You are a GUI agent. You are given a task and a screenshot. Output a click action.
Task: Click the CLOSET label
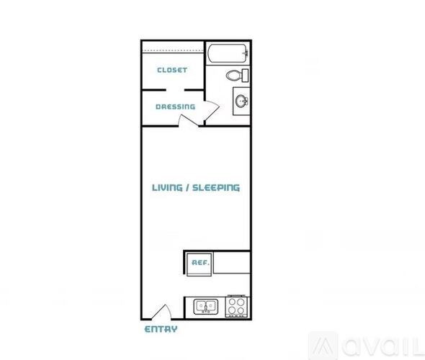[172, 71]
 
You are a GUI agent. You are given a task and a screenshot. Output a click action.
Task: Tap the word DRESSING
[175, 107]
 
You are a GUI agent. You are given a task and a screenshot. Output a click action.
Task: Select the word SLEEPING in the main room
[217, 188]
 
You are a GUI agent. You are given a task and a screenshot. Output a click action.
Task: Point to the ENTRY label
[161, 330]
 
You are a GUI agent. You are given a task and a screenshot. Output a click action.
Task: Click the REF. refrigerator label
[200, 263]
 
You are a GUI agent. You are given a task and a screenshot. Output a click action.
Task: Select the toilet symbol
[235, 75]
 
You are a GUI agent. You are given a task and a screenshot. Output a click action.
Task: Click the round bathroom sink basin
[240, 100]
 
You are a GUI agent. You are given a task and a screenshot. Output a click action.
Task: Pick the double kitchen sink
[205, 307]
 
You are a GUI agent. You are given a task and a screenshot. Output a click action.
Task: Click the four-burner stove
[237, 307]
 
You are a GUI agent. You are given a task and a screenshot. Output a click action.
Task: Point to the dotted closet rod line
[172, 51]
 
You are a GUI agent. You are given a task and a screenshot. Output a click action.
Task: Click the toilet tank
[246, 75]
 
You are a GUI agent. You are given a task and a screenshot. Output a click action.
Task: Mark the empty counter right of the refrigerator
[232, 262]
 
